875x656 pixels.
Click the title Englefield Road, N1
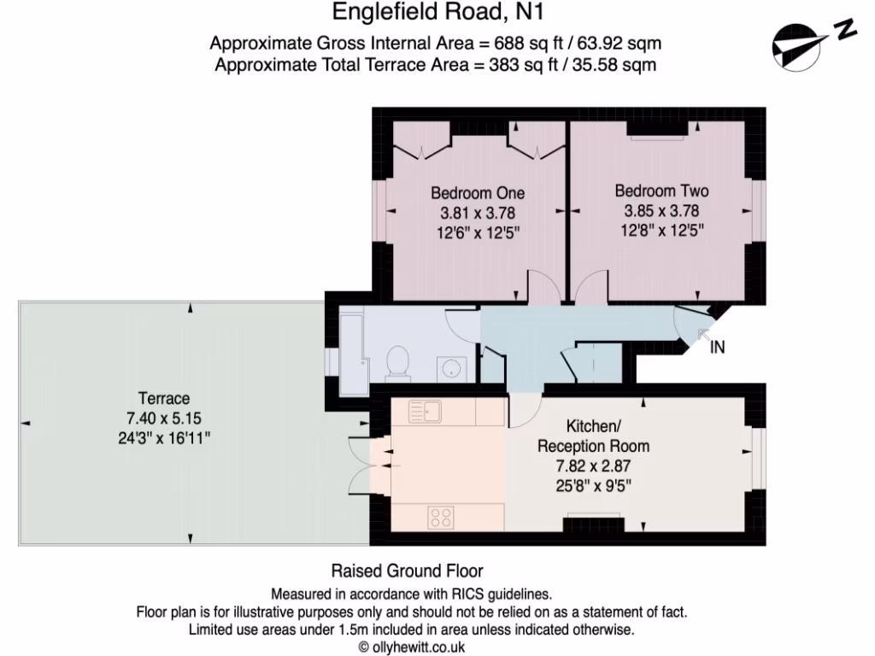point(437,13)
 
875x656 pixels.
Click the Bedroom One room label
point(478,193)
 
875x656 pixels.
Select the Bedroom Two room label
point(661,191)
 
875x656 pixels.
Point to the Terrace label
point(164,399)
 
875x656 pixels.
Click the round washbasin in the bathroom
point(450,368)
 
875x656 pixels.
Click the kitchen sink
point(425,412)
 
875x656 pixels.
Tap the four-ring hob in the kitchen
point(441,516)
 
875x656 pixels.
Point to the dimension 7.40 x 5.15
point(164,419)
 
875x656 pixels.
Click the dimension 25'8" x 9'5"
point(593,486)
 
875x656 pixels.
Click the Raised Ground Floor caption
point(407,571)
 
